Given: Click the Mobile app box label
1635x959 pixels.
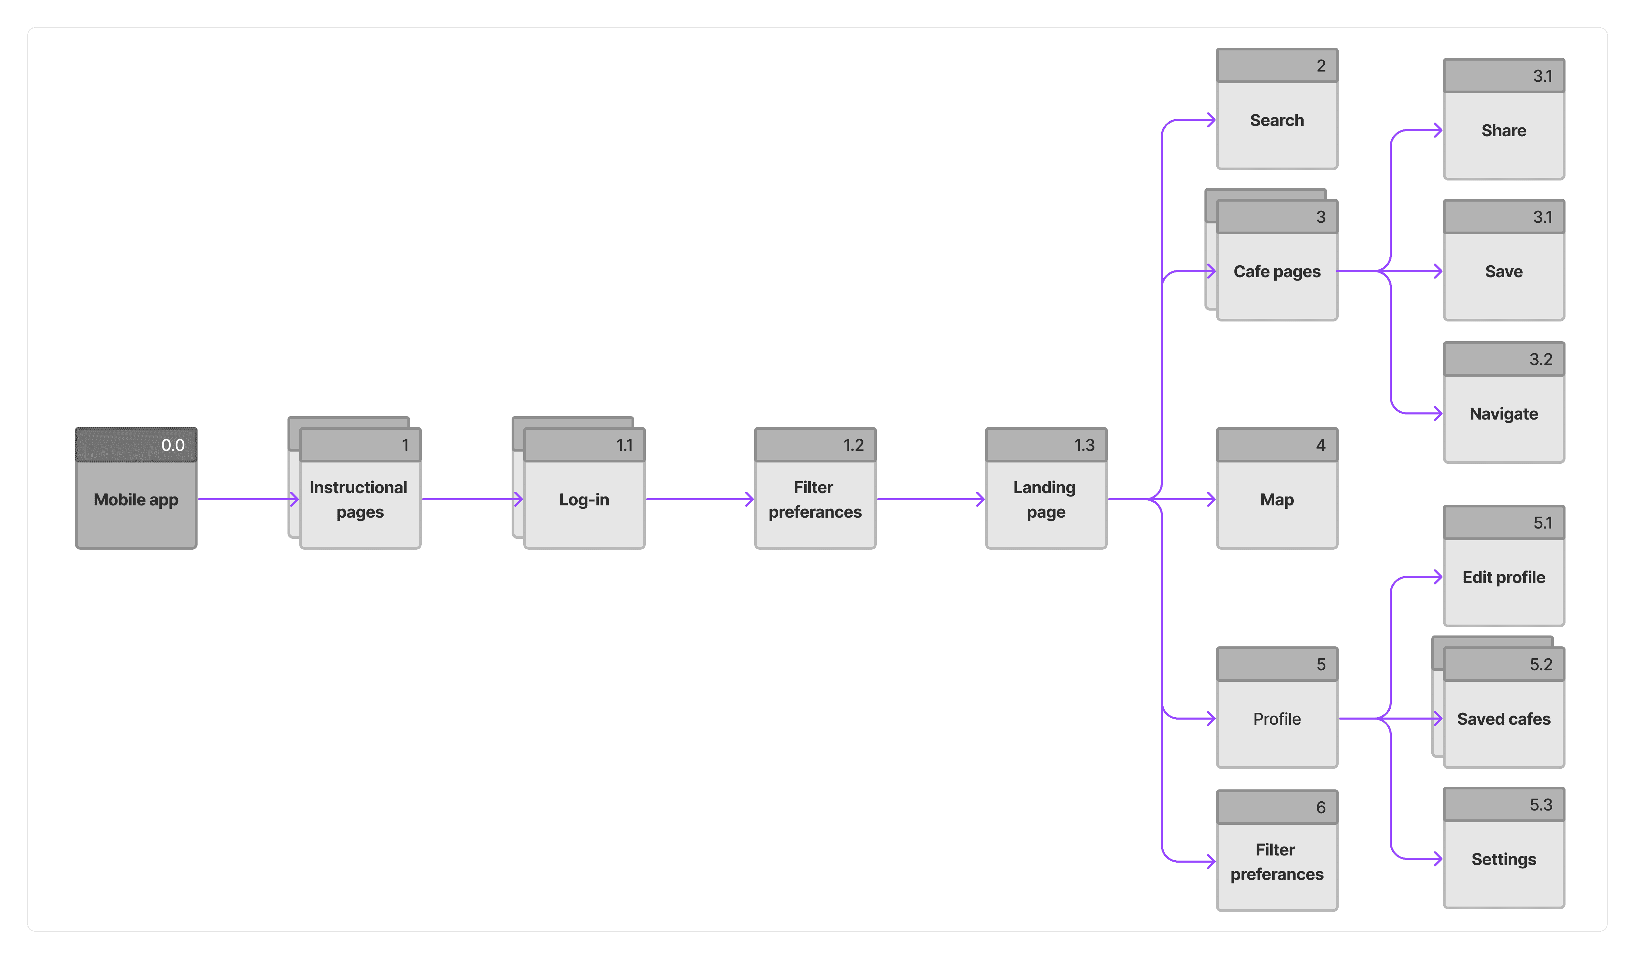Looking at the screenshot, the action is click(x=136, y=500).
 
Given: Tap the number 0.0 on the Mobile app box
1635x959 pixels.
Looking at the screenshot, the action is click(x=173, y=445).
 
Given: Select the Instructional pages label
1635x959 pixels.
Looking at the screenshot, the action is click(x=359, y=500).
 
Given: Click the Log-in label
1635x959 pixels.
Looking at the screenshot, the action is click(x=584, y=500).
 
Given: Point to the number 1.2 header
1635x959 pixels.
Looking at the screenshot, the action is click(x=853, y=445).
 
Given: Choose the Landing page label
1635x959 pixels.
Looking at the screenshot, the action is click(x=1045, y=500).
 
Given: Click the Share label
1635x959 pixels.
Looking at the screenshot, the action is click(x=1503, y=130).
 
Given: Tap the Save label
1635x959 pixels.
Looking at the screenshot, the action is click(x=1503, y=271).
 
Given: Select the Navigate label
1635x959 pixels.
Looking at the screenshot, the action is click(x=1503, y=414).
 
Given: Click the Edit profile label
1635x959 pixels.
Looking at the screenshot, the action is click(x=1503, y=578).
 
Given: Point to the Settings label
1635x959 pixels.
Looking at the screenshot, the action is click(x=1503, y=859).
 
